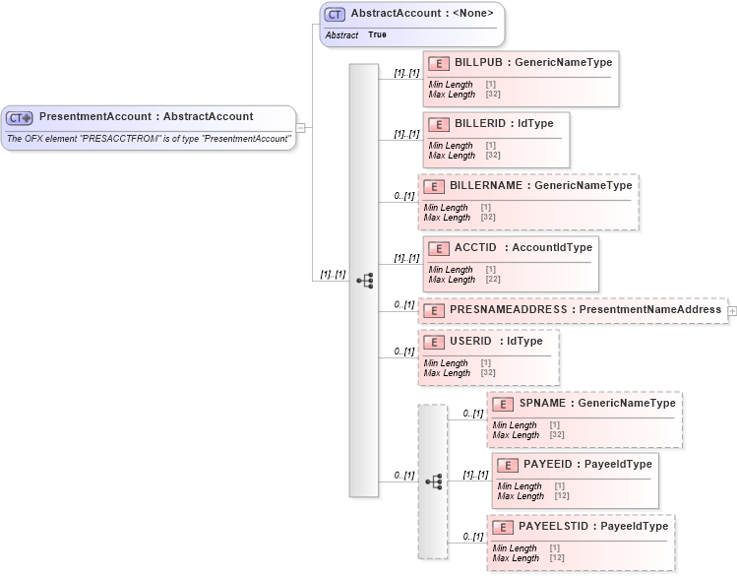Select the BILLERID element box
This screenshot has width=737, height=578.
496,138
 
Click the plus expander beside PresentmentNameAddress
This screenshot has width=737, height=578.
731,310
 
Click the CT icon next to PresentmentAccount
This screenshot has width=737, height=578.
20,117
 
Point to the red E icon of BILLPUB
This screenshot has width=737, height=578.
439,63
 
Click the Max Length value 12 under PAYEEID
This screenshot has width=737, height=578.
562,496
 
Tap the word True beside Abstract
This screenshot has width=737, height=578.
377,34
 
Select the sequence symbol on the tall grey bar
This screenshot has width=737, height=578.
364,281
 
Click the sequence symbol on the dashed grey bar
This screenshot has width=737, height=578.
433,482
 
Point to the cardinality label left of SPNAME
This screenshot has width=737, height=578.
472,414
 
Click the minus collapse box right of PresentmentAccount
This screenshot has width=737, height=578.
301,127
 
